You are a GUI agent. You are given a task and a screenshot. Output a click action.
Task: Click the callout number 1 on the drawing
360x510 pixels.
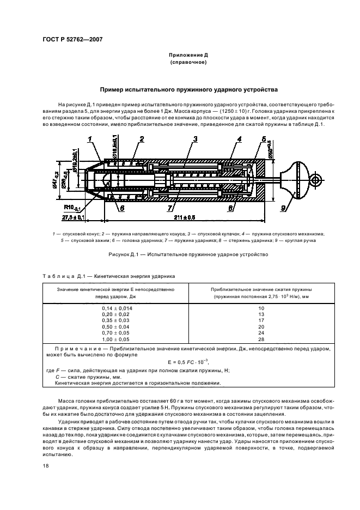tap(89, 140)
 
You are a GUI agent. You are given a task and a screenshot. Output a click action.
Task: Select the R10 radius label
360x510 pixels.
tap(69, 208)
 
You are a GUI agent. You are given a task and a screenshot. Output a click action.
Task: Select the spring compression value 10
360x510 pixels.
tap(260, 308)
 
